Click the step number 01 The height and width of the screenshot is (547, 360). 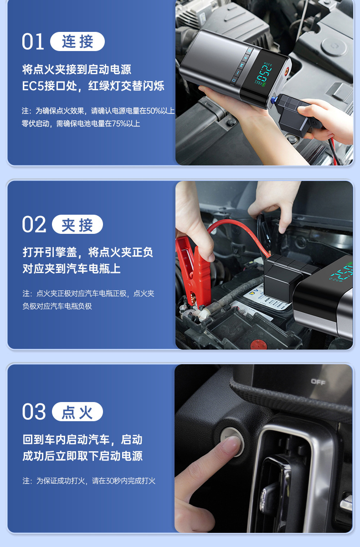(x=33, y=41)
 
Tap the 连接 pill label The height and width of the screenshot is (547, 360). (x=77, y=42)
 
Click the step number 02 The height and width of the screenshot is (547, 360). (x=34, y=225)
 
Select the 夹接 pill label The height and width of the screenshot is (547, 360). (x=77, y=225)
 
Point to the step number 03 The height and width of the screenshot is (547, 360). (x=34, y=412)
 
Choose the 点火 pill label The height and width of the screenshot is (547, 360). (x=77, y=413)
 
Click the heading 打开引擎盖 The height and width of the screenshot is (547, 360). (x=50, y=252)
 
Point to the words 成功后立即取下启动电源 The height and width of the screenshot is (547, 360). (x=82, y=456)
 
